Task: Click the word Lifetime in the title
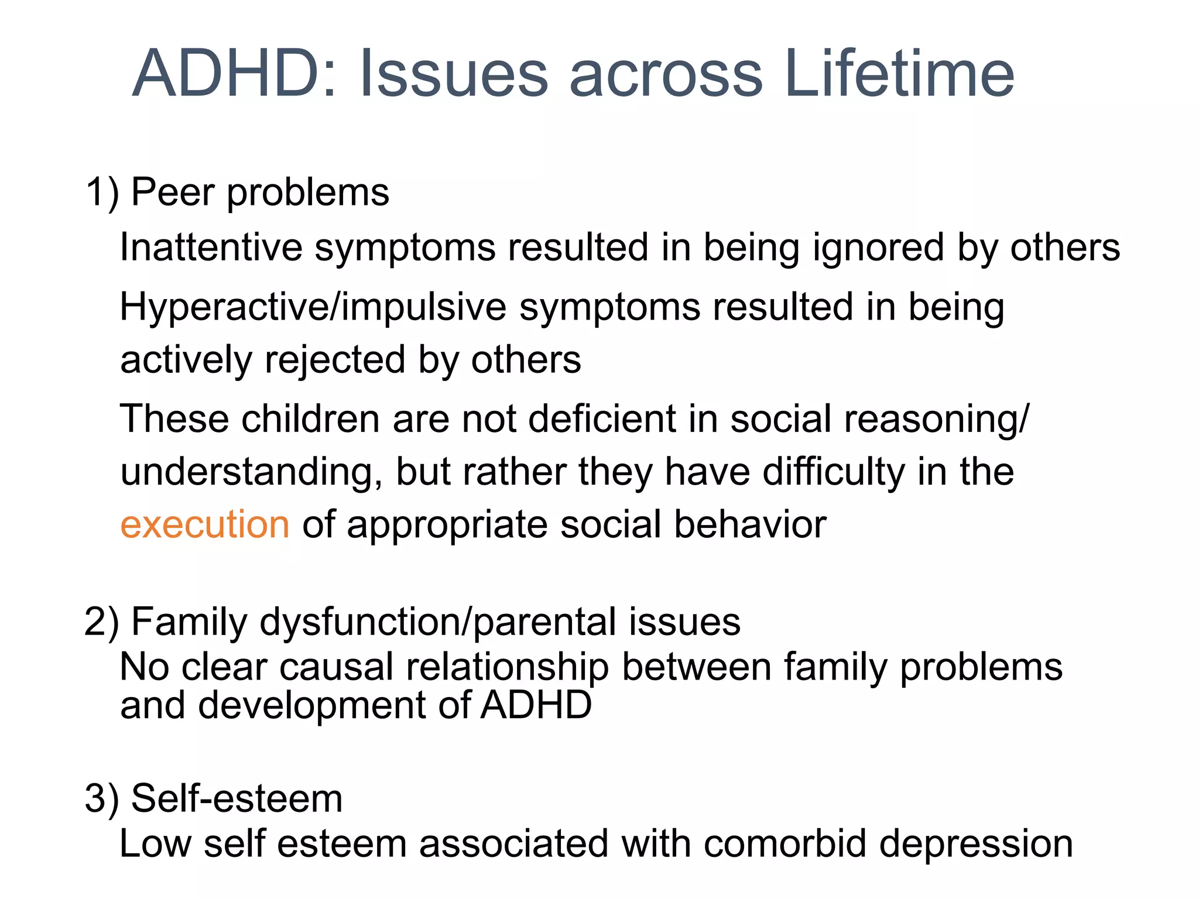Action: (x=899, y=74)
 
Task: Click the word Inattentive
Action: (x=211, y=247)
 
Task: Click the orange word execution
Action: (x=205, y=524)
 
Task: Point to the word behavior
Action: (x=750, y=524)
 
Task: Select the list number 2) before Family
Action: (x=102, y=622)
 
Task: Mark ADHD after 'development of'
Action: (x=536, y=705)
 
